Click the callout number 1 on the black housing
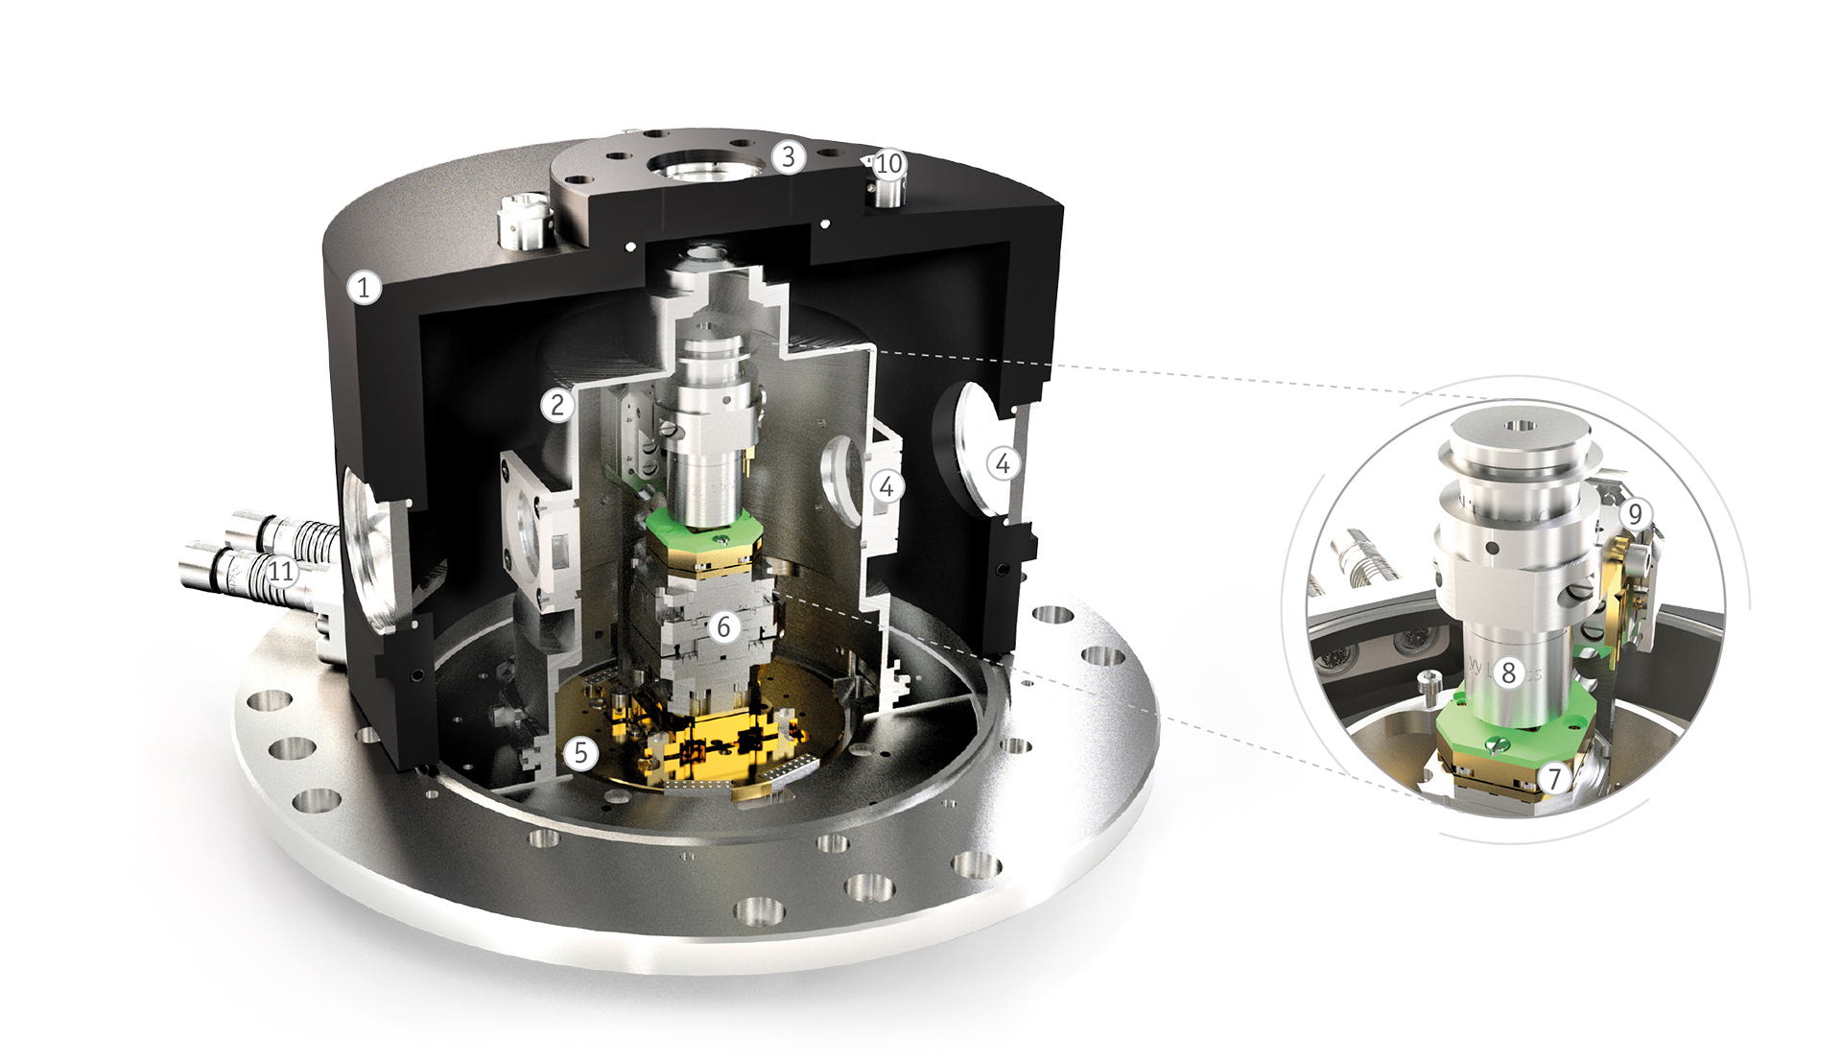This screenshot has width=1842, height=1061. coord(364,287)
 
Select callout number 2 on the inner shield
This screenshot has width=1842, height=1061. coord(557,405)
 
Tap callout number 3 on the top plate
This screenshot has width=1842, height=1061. coord(789,156)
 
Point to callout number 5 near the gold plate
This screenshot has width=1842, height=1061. coord(580,753)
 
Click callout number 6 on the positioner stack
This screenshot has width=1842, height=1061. coord(724,627)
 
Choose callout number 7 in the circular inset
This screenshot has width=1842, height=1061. coord(1554,778)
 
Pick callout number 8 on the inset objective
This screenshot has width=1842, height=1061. coord(1509,672)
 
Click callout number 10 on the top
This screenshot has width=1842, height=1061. coord(888,164)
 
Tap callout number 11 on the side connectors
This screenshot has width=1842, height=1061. coord(280,572)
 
